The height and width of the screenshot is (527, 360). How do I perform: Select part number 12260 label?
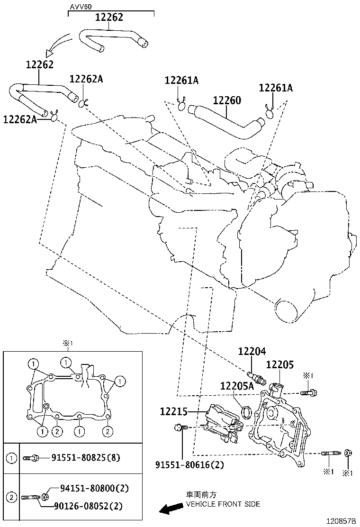227,101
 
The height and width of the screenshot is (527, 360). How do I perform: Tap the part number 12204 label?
252,352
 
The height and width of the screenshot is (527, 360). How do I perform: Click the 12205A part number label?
237,386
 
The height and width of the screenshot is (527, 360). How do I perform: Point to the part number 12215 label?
175,412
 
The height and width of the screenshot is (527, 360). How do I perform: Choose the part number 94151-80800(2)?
94,488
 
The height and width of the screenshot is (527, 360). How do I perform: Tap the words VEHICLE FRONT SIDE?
223,504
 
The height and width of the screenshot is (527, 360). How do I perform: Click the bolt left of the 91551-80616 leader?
180,427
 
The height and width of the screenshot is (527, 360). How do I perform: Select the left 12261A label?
181,81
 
